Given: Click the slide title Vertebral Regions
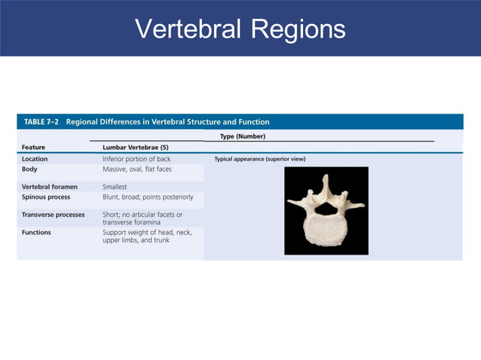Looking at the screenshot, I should (x=240, y=29).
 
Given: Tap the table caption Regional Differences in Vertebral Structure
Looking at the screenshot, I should (x=167, y=121).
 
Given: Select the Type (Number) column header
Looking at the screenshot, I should (x=242, y=136).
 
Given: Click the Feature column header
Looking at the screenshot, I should (x=36, y=147).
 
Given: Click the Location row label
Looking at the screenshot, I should (x=35, y=159).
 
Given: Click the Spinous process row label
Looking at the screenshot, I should (x=46, y=197).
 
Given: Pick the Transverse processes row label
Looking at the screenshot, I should (x=54, y=215).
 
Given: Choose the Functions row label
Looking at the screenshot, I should (x=36, y=233).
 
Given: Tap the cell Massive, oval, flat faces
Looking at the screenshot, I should (x=136, y=169).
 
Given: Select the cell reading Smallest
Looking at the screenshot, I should (x=115, y=186).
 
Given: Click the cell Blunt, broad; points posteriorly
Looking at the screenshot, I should (x=148, y=197).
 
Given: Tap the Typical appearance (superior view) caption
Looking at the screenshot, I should (x=259, y=159).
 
